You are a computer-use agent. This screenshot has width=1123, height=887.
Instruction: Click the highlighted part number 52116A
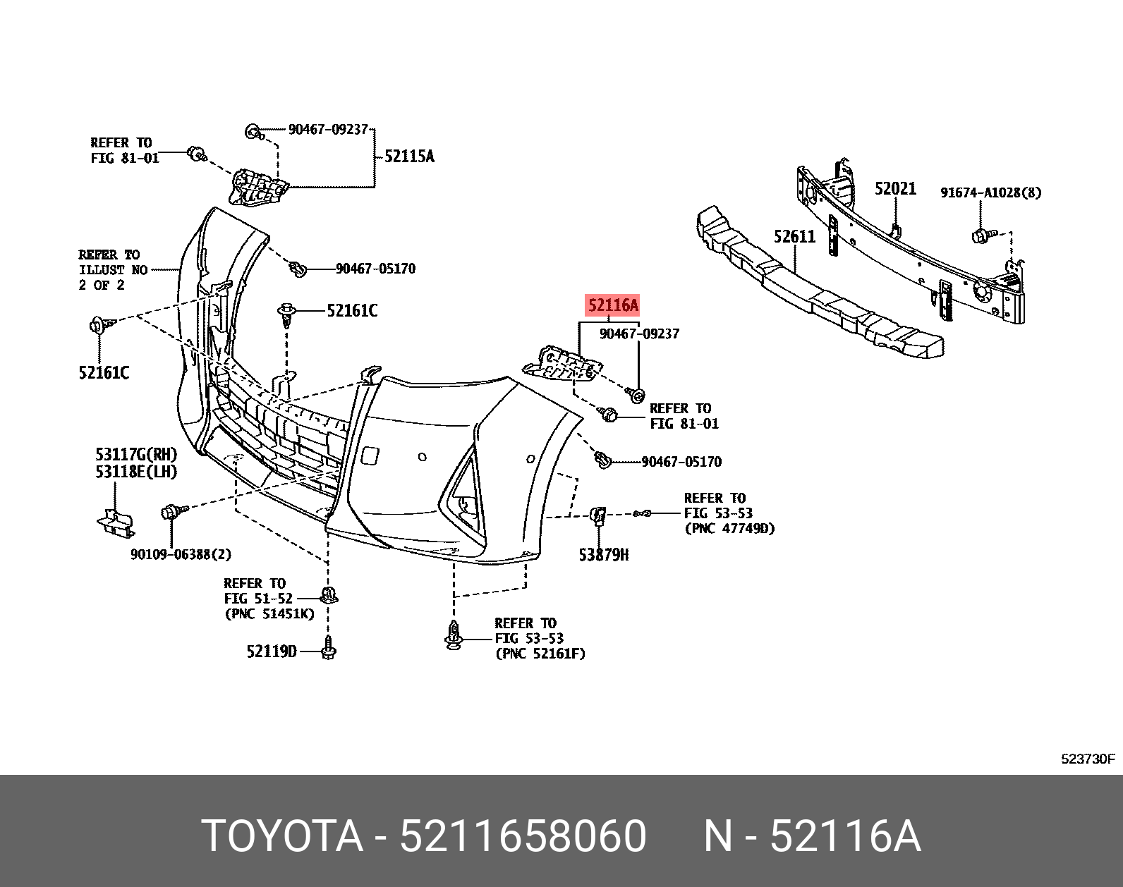pyautogui.click(x=612, y=305)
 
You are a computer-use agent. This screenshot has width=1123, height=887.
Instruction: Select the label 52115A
pyautogui.click(x=409, y=157)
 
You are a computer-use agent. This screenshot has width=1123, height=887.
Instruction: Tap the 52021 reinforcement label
pyautogui.click(x=895, y=188)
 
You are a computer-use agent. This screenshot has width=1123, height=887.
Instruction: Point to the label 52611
pyautogui.click(x=794, y=236)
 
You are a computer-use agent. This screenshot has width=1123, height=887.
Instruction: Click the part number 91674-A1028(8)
pyautogui.click(x=990, y=192)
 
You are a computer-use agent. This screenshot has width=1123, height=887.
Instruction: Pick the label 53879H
pyautogui.click(x=603, y=555)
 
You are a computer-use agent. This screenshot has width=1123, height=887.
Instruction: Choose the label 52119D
pyautogui.click(x=272, y=652)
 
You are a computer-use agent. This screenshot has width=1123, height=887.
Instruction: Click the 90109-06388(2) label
pyautogui.click(x=181, y=554)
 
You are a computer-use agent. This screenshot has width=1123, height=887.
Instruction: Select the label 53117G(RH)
pyautogui.click(x=136, y=455)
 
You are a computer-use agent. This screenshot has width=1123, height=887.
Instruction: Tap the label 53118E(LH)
pyautogui.click(x=136, y=472)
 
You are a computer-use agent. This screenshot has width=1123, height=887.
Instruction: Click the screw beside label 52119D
pyautogui.click(x=329, y=649)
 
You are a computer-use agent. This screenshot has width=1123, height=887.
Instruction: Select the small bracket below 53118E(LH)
pyautogui.click(x=116, y=522)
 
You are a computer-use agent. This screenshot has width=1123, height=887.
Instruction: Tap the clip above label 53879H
pyautogui.click(x=598, y=515)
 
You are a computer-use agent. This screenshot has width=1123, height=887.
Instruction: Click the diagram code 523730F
pyautogui.click(x=1088, y=759)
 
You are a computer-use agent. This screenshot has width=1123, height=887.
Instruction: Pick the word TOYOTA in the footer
pyautogui.click(x=282, y=836)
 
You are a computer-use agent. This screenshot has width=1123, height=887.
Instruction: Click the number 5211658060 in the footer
pyautogui.click(x=523, y=836)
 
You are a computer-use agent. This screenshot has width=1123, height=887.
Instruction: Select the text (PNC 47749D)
pyautogui.click(x=729, y=528)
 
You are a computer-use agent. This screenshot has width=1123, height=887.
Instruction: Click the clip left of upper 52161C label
pyautogui.click(x=287, y=314)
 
